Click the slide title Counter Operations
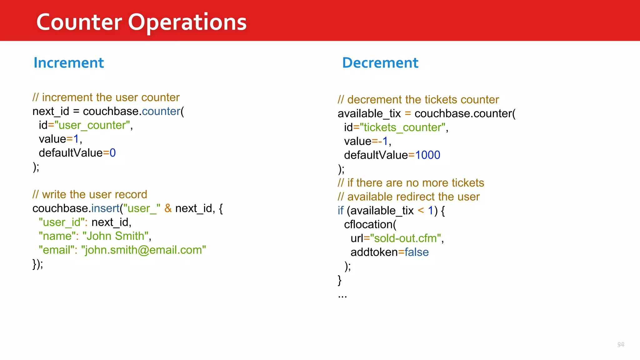(141, 22)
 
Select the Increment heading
(68, 63)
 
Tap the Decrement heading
(380, 63)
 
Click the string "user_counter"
(92, 125)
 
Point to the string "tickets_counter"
(402, 127)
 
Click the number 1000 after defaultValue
(427, 155)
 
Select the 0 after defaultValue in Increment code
(112, 153)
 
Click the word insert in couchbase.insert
(105, 208)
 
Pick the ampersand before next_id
(168, 208)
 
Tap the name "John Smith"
(115, 236)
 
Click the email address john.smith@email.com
(143, 250)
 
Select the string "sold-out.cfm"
(405, 238)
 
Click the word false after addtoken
(417, 252)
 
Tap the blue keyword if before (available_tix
(340, 211)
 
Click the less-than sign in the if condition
(421, 211)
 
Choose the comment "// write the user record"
(90, 194)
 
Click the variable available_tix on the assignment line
(369, 114)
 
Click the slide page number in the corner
(621, 344)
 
